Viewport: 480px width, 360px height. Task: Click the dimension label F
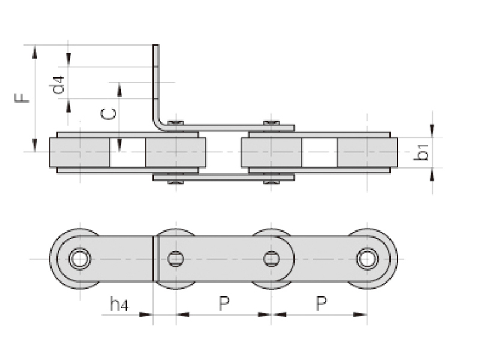coord(22,98)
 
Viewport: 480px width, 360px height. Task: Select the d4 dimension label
coord(57,85)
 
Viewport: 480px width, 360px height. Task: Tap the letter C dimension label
coord(109,114)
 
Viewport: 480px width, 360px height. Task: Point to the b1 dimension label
coord(421,152)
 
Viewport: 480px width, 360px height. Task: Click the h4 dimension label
coord(119,304)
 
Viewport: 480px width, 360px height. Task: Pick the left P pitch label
coord(224,304)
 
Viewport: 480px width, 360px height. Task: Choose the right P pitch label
coord(321,304)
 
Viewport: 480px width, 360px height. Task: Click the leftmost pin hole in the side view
coord(80,259)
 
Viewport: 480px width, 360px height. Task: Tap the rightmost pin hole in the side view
coord(367,259)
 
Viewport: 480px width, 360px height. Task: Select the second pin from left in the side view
coord(176,259)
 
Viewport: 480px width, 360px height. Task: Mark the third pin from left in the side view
coord(272,259)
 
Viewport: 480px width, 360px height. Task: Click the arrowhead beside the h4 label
coord(146,314)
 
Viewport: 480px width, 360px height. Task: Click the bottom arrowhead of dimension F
coord(35,145)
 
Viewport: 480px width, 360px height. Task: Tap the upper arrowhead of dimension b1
coord(432,130)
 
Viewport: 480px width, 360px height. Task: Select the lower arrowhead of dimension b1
coord(432,175)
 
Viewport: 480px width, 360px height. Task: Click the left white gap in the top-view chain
coord(128,152)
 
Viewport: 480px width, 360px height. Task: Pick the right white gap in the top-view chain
coord(320,152)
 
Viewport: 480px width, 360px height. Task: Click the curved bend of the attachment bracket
coord(158,124)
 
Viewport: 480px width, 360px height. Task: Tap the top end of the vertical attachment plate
coord(156,46)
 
